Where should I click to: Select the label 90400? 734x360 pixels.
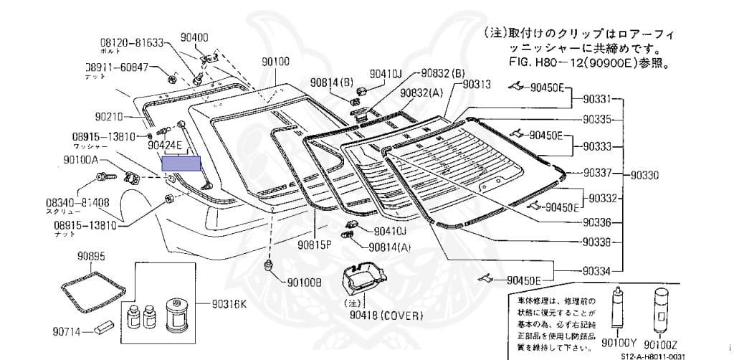click(194, 37)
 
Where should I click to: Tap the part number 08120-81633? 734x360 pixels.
click(132, 43)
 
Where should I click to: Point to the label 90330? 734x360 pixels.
click(647, 174)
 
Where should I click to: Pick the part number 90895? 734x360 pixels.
click(92, 256)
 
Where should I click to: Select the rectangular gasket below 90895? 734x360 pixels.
click(91, 289)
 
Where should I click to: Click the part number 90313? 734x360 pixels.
click(477, 84)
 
